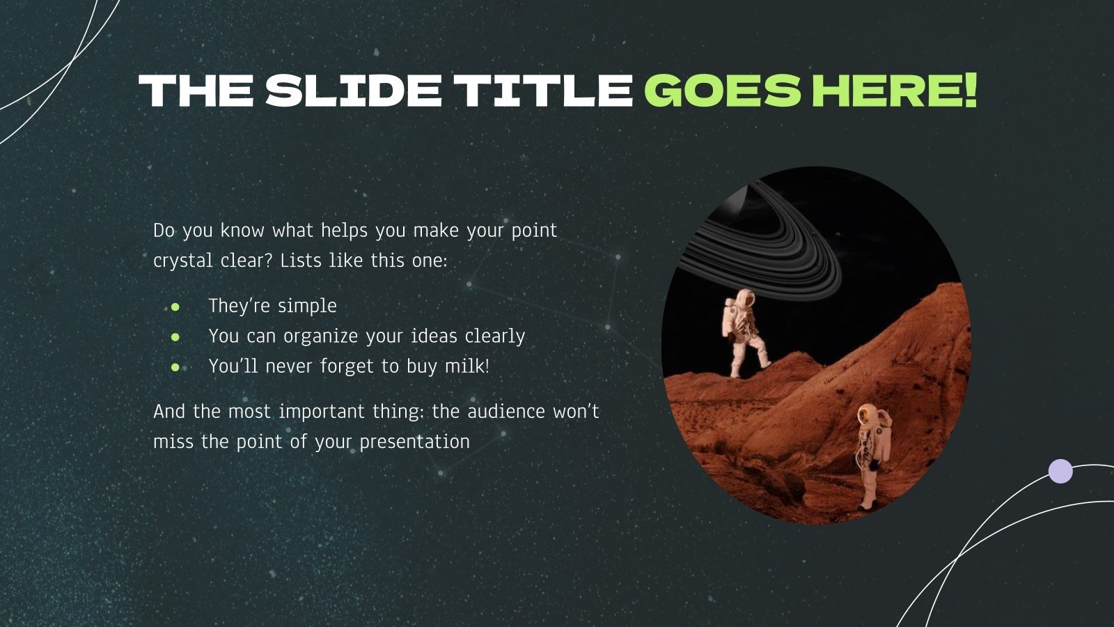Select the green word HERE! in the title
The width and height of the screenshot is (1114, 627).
pyautogui.click(x=894, y=91)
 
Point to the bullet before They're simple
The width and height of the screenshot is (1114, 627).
pyautogui.click(x=175, y=307)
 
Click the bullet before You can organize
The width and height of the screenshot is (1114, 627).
pyautogui.click(x=175, y=336)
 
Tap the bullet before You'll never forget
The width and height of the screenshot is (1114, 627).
pyautogui.click(x=175, y=366)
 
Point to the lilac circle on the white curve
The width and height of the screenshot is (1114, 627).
pyautogui.click(x=1060, y=471)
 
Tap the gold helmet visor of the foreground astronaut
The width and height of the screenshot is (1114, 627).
pyautogui.click(x=865, y=414)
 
